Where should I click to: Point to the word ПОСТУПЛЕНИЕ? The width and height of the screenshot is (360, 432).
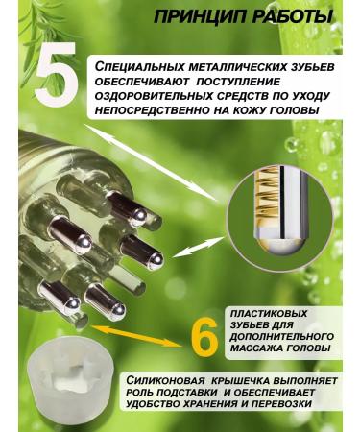click(x=238, y=82)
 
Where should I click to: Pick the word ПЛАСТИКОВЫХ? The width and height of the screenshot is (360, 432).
click(x=269, y=313)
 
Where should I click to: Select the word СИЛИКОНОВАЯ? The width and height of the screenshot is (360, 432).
click(x=165, y=381)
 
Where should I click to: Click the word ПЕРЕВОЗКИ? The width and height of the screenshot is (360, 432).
click(x=281, y=403)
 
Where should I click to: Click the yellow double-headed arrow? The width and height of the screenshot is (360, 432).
click(x=136, y=336)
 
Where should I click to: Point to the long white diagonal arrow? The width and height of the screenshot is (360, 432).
click(x=152, y=163)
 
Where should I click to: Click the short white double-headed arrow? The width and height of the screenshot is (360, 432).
click(x=198, y=248)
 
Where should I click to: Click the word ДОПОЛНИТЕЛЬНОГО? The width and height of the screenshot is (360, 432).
click(x=282, y=336)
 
